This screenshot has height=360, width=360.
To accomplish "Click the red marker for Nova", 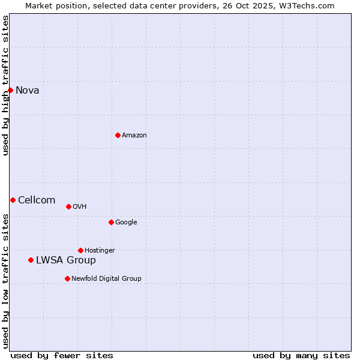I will click(x=10, y=90).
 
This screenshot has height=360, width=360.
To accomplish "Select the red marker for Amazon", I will click(x=118, y=135).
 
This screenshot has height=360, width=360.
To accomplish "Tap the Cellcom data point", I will click(x=13, y=200).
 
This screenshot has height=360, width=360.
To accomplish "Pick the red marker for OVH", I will click(x=68, y=206).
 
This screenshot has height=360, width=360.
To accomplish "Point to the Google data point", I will click(x=111, y=222).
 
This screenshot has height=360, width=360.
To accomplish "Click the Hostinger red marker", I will click(x=80, y=250).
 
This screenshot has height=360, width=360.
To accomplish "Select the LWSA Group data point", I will click(x=31, y=260).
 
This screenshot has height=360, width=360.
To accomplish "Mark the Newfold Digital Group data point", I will click(x=67, y=278).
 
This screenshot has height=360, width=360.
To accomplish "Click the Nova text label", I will click(x=28, y=91).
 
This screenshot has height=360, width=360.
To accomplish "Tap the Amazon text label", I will click(x=134, y=136).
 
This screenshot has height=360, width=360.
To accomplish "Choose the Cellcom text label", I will click(x=37, y=200).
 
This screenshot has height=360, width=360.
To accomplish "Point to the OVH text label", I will click(x=80, y=207).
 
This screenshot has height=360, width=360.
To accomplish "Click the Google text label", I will click(x=126, y=223).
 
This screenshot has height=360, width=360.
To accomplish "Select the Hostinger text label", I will click(x=100, y=251).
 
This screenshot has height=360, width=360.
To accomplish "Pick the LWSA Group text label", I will click(x=66, y=260).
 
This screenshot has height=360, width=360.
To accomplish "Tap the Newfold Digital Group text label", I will click(x=106, y=279).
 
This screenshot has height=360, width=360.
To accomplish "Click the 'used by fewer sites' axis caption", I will click(x=62, y=356).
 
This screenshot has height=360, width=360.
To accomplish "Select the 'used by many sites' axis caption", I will click(x=301, y=356).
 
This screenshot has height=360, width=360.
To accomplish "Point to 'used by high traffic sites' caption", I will click(x=6, y=85).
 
